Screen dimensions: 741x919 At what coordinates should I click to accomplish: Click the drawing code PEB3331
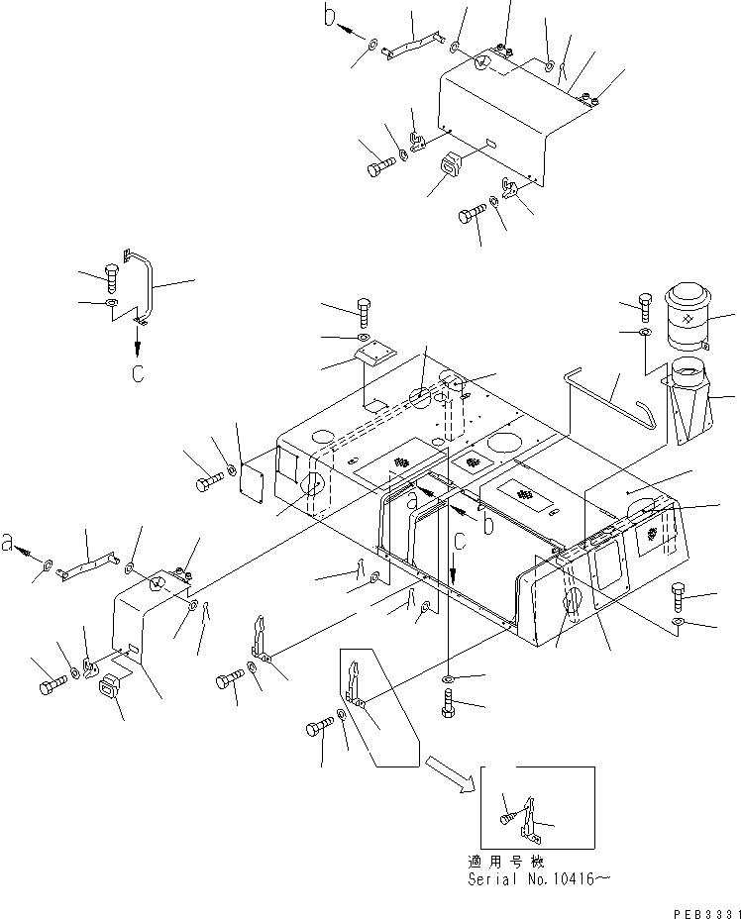pyautogui.click(x=707, y=914)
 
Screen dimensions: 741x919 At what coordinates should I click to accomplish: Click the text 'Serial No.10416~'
pyautogui.click(x=538, y=879)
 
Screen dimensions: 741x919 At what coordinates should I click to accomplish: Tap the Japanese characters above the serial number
pyautogui.click(x=506, y=862)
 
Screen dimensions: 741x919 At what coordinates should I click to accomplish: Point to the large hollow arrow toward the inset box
pyautogui.click(x=449, y=774)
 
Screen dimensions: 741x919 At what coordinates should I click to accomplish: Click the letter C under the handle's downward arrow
pyautogui.click(x=138, y=373)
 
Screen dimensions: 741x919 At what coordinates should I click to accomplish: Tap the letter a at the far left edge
pyautogui.click(x=8, y=542)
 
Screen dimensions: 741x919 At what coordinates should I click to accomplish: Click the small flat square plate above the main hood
pyautogui.click(x=374, y=356)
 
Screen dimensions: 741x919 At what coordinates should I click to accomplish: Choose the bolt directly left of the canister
pyautogui.click(x=645, y=307)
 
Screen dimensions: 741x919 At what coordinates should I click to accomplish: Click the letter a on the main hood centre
pyautogui.click(x=413, y=502)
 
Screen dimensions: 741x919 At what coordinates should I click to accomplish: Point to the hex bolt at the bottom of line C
pyautogui.click(x=449, y=703)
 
